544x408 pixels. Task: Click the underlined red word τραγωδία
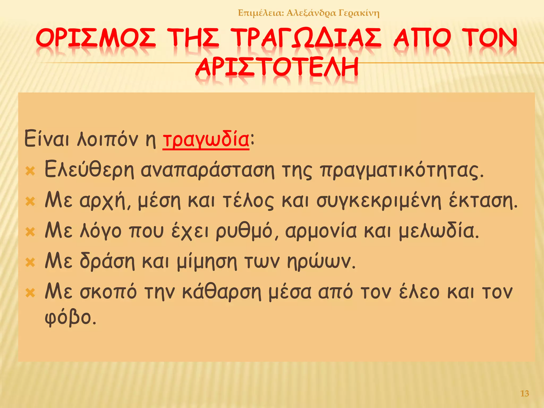pyautogui.click(x=206, y=140)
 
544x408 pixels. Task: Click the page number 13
pyautogui.click(x=525, y=393)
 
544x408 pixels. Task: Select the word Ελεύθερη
pyautogui.click(x=89, y=170)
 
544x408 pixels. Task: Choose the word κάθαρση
pyautogui.click(x=222, y=292)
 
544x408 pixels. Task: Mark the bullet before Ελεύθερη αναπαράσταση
pyautogui.click(x=30, y=171)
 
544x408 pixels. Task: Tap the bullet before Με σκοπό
pyautogui.click(x=30, y=293)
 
